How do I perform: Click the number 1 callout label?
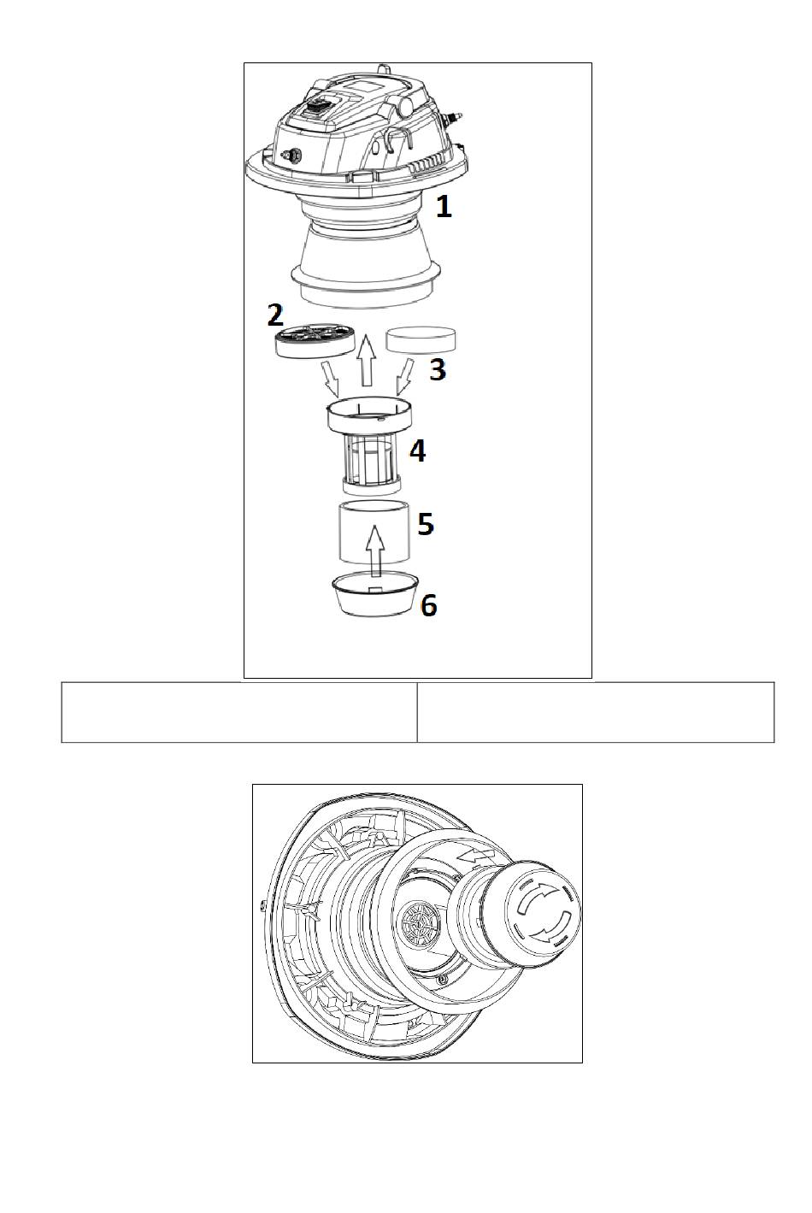[x=444, y=207]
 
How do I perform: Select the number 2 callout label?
[x=275, y=315]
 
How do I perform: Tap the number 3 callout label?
[x=438, y=369]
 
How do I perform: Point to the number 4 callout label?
[x=417, y=451]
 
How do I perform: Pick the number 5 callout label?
[x=426, y=524]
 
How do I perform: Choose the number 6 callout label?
[x=429, y=605]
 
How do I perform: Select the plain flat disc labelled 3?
[x=421, y=340]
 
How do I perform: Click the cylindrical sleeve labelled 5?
[x=374, y=533]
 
